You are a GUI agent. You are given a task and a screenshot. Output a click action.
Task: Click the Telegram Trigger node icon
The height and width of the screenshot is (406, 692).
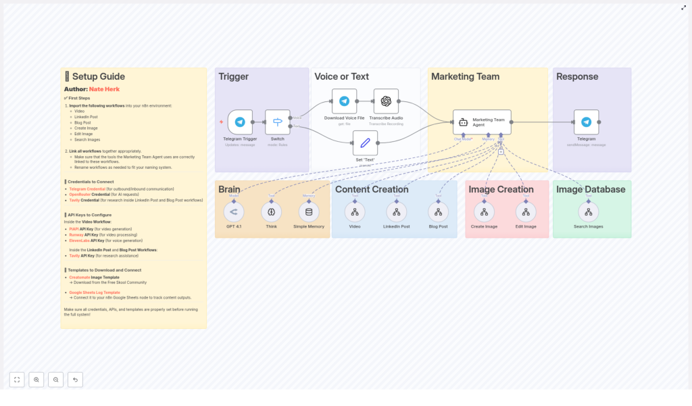coord(240,122)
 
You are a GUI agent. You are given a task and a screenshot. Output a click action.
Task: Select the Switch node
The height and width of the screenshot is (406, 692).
coord(277,122)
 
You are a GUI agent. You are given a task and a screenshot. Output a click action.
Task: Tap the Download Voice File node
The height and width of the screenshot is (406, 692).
coord(344,101)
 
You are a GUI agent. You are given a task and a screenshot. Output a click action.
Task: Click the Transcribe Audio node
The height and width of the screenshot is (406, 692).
coord(386,101)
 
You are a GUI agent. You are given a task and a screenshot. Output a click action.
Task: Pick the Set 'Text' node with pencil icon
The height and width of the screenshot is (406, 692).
coord(365,143)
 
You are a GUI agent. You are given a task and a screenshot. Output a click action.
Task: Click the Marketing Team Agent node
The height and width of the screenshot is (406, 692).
coord(482,122)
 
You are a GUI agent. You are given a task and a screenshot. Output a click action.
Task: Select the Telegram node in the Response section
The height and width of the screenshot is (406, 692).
coord(586,122)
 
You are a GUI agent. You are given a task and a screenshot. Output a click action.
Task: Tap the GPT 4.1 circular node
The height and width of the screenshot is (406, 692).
coord(234,212)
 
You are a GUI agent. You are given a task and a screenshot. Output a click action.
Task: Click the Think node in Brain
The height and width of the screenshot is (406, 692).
coord(271,212)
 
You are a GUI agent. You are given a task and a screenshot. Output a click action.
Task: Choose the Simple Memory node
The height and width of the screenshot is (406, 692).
coord(309,212)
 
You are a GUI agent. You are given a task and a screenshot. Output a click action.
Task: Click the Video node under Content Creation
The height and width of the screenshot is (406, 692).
coord(355,212)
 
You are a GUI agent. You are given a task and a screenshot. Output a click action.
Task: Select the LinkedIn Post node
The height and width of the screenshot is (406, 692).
coord(397,212)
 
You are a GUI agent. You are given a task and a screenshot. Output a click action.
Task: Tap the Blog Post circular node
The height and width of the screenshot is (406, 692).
coord(438,212)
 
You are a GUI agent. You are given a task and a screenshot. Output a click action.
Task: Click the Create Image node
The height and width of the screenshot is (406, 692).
coord(484,212)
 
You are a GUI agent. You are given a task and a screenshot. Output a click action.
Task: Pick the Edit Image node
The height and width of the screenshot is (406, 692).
coord(526,212)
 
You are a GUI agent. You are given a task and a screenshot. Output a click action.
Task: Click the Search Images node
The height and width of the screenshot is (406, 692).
coord(588,212)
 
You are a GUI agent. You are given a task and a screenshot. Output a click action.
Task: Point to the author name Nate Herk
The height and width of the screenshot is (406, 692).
coord(104,89)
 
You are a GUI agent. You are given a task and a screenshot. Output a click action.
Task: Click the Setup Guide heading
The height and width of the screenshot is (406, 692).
coord(98,76)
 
